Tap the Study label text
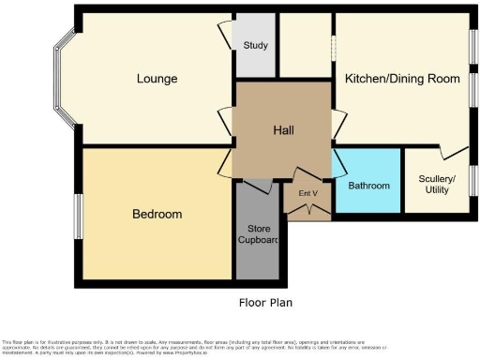255,45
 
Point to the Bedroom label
157,215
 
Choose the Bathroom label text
368,186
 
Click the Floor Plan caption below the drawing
266,303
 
